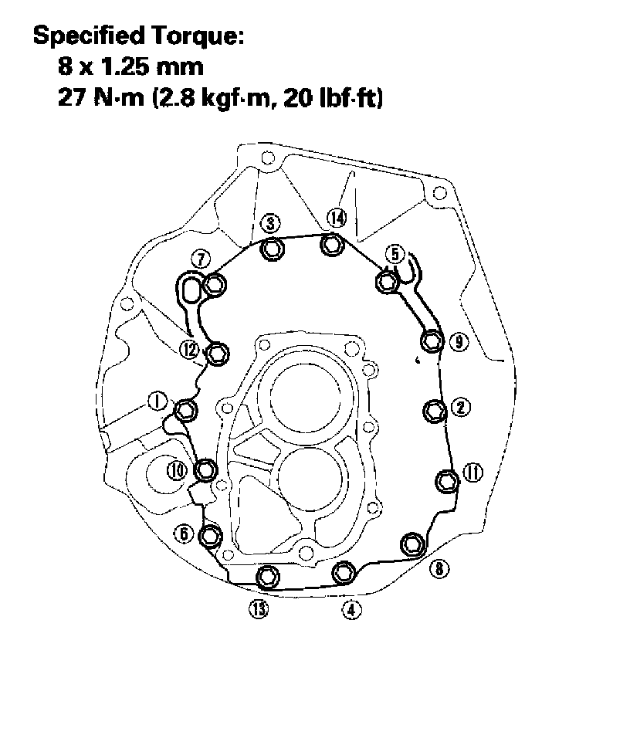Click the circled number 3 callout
click(x=271, y=223)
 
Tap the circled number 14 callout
click(x=337, y=218)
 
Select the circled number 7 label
click(x=201, y=259)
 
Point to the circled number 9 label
click(x=459, y=342)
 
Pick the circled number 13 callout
click(x=259, y=609)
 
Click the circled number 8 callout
click(x=439, y=569)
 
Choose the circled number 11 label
click(x=473, y=473)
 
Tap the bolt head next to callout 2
click(x=435, y=412)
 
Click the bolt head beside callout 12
click(x=218, y=354)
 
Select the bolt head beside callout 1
click(x=185, y=411)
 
